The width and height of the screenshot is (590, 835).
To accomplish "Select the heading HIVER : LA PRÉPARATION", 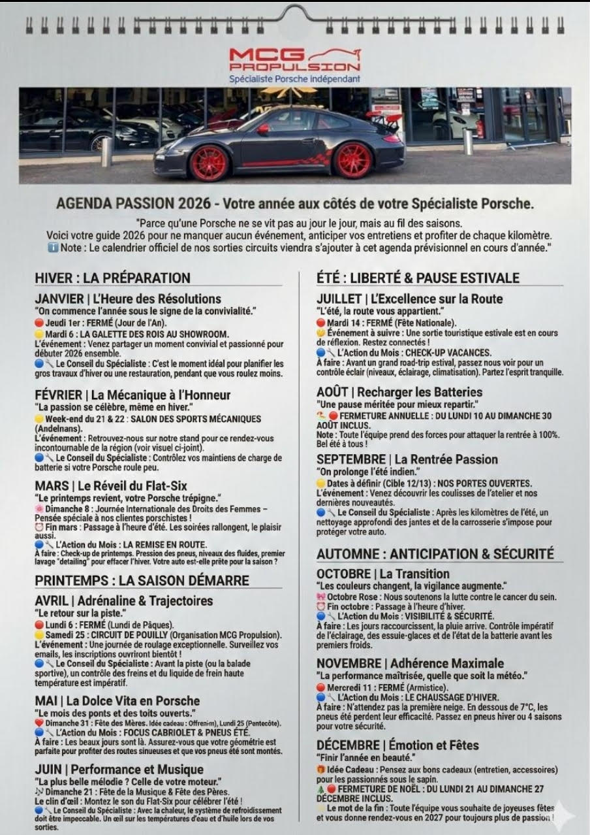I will (x=112, y=278).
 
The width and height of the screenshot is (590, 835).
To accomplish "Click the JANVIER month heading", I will (x=128, y=299).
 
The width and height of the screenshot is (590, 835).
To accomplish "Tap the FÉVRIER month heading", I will (x=132, y=395).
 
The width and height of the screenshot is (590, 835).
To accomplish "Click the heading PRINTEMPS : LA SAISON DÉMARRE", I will (x=142, y=580).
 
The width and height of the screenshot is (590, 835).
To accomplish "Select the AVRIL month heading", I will (x=124, y=600).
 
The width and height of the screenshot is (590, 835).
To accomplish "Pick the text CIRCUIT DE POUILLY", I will (x=129, y=635).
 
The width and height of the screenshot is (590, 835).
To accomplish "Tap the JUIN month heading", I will (x=119, y=769).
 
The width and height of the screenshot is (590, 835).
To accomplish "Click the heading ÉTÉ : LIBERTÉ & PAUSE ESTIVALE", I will (x=418, y=278).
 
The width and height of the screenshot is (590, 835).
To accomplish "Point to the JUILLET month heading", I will (x=410, y=299).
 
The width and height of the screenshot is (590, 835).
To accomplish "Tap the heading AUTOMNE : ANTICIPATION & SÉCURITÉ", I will (x=435, y=554).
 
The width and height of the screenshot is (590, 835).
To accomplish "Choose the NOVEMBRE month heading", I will (x=411, y=663).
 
